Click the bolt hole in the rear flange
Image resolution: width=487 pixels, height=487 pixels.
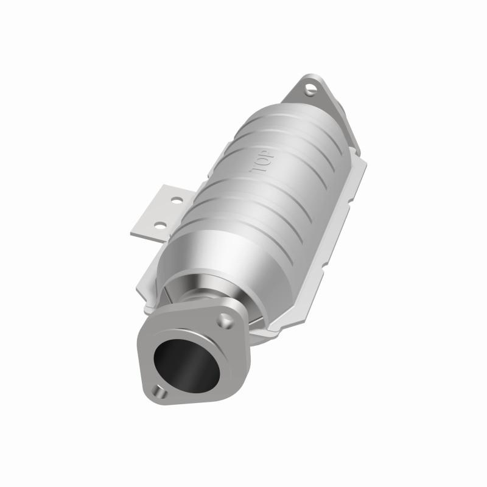point(311,89)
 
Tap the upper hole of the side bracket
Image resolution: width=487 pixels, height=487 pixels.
point(176,200)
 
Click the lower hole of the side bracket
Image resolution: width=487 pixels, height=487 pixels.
point(159,225)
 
